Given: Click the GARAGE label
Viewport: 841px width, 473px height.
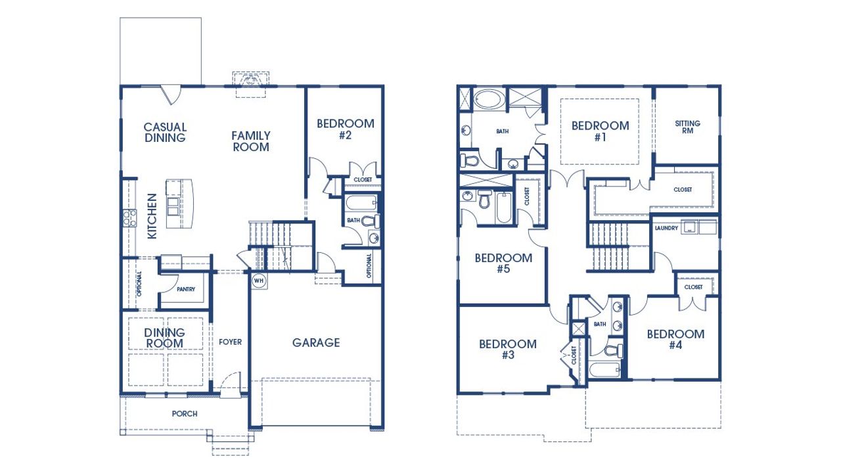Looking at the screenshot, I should tap(316, 342).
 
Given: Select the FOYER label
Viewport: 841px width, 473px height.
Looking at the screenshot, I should tap(230, 342).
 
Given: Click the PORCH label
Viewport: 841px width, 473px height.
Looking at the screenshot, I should tap(185, 414).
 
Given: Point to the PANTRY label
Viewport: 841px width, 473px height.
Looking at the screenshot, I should tap(185, 289).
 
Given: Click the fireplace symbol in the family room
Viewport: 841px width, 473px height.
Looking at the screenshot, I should tap(250, 81).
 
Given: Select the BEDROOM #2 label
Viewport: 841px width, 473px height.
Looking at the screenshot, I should tap(346, 129).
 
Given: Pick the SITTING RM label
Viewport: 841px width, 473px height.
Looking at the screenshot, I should tap(687, 127).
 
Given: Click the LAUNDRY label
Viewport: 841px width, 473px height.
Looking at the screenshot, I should tap(666, 228).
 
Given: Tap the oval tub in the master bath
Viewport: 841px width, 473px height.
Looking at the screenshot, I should tap(488, 100).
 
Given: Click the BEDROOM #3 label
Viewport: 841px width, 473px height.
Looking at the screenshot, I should tap(507, 349).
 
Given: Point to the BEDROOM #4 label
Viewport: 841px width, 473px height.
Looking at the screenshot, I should tap(675, 340).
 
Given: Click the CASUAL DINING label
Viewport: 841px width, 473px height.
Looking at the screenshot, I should tap(166, 132).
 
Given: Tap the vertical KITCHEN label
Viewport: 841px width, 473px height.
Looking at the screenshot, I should tap(152, 215).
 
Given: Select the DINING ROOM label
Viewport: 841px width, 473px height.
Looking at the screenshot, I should tap(165, 338).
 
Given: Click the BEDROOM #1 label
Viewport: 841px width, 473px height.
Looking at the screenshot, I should tap(600, 131).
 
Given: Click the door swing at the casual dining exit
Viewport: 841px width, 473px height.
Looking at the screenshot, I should tap(171, 95).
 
